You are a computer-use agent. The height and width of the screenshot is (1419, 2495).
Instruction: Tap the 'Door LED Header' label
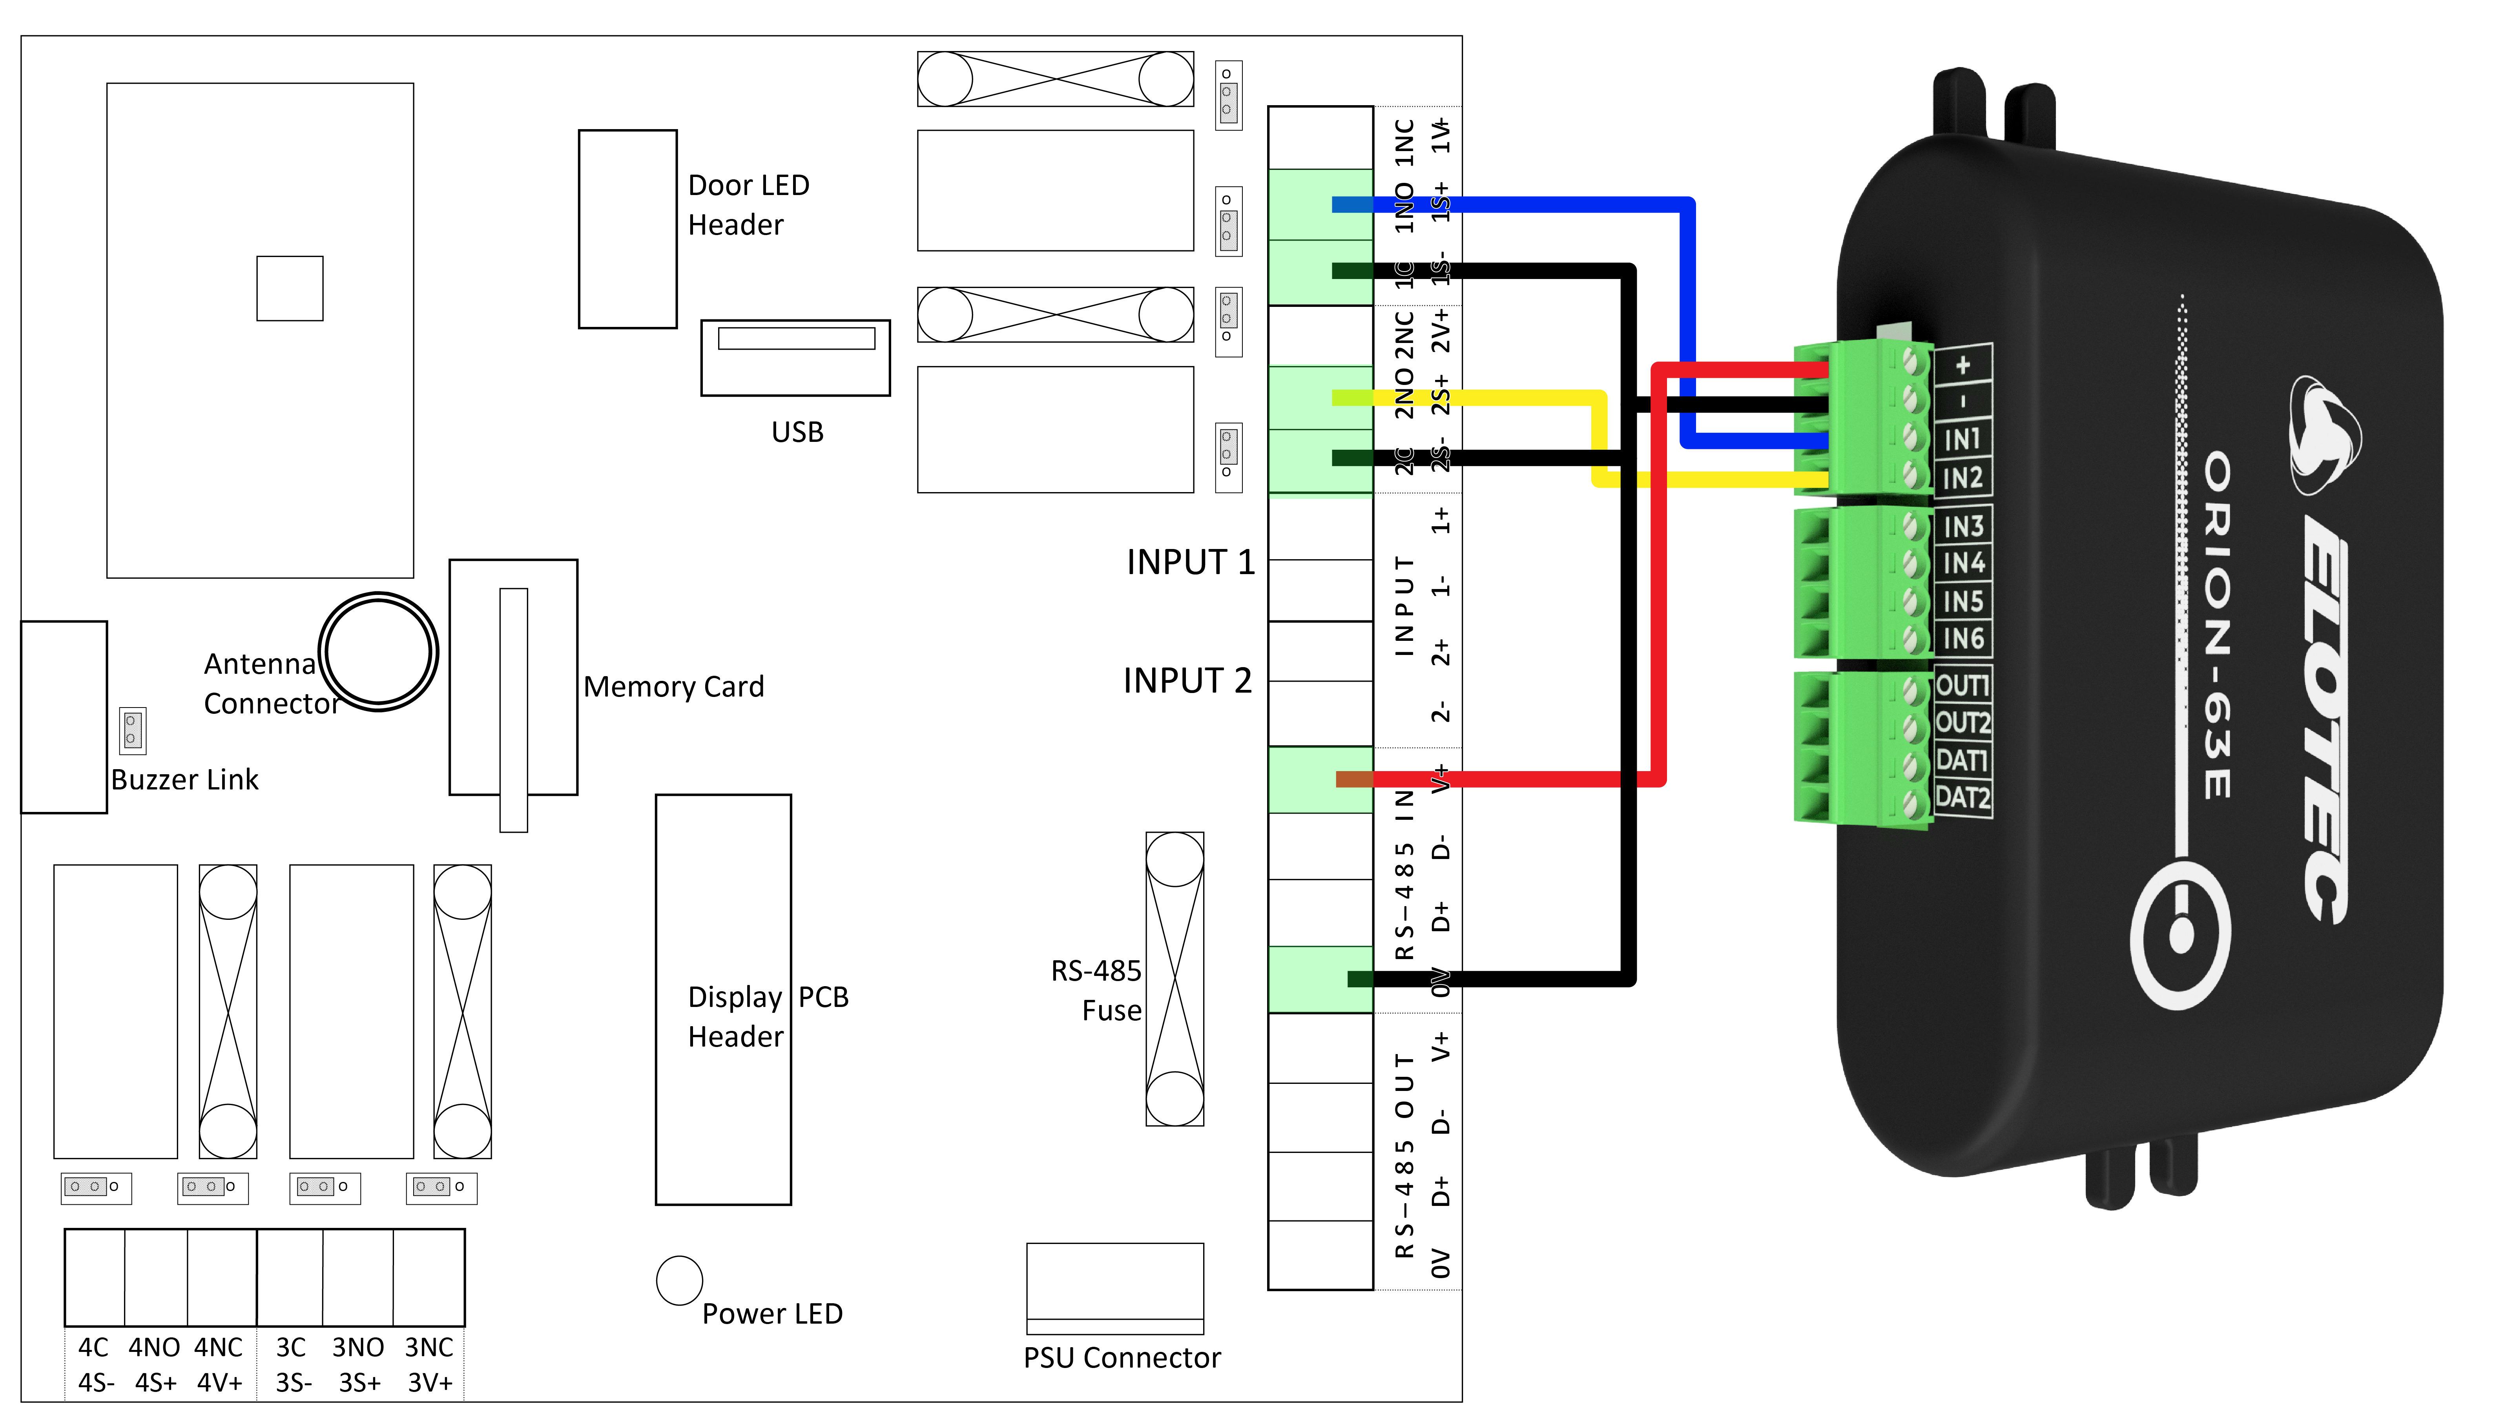748,205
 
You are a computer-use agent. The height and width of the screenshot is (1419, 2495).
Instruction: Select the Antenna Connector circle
378,651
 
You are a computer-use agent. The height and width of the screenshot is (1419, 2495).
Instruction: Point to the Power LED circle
679,1280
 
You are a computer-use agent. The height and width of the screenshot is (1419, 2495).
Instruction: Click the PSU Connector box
1115,1286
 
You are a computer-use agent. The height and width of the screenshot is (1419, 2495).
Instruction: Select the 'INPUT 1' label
1190,562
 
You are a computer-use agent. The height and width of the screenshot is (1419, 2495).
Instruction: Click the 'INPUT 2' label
1187,680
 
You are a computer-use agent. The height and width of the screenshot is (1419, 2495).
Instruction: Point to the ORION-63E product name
2217,624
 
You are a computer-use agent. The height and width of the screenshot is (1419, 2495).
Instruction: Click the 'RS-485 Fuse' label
1096,990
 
